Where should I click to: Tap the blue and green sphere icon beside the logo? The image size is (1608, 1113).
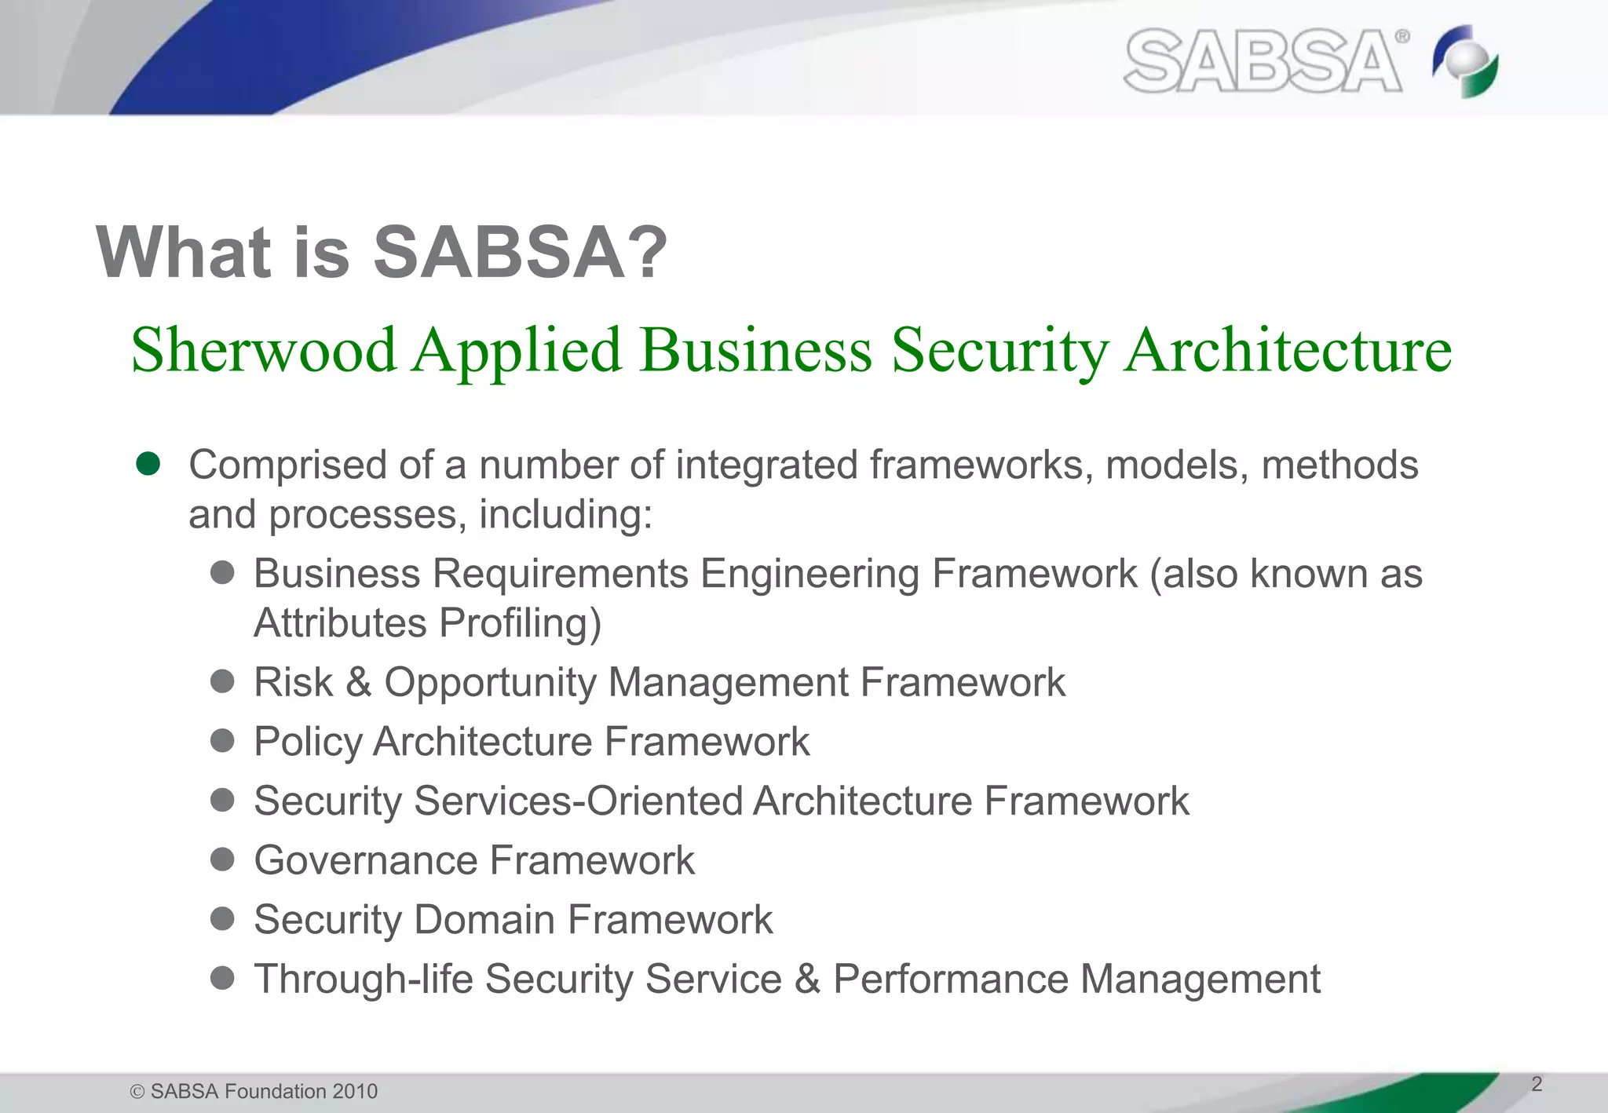(1465, 61)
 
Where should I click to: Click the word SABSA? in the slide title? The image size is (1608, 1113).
(520, 253)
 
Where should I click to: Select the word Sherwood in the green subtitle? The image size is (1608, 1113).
(263, 350)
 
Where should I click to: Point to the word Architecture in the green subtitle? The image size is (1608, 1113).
(1288, 350)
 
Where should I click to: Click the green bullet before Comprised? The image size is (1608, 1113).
(148, 464)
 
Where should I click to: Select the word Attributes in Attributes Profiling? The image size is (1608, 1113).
(340, 623)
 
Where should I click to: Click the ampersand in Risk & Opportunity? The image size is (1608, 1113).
(358, 681)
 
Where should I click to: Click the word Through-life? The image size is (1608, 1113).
(363, 979)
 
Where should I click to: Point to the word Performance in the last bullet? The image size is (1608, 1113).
(950, 979)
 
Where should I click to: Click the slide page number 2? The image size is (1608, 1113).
(1537, 1084)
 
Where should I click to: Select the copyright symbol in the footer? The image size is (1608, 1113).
(137, 1092)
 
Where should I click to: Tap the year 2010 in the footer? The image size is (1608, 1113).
(355, 1091)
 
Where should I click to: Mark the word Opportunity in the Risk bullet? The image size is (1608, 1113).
(490, 682)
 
